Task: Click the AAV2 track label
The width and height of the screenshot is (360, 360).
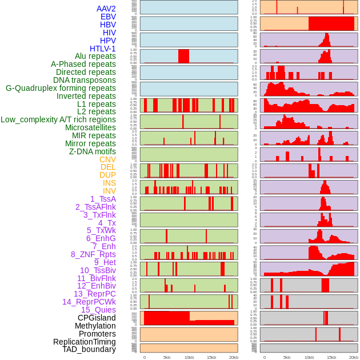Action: [106, 9]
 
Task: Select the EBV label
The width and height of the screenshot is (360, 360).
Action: [108, 17]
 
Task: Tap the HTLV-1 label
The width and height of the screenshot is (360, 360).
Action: [102, 49]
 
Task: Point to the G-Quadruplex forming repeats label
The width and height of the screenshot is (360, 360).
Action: [61, 88]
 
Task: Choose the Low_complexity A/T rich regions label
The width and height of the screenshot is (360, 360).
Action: [58, 119]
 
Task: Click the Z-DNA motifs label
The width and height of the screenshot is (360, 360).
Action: [92, 151]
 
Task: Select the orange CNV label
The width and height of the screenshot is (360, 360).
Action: [107, 159]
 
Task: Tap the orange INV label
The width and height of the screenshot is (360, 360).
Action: [109, 191]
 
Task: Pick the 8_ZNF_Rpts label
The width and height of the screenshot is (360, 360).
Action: [93, 254]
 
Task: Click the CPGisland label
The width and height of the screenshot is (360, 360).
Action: [97, 318]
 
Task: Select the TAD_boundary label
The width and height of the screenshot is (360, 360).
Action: [89, 349]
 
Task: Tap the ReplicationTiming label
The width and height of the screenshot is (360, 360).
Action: [85, 342]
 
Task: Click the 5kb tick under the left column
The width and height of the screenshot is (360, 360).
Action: [167, 357]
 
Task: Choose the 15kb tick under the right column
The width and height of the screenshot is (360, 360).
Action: [331, 357]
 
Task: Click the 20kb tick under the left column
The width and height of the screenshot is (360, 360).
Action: [233, 357]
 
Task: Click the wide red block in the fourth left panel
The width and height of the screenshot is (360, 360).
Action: [183, 56]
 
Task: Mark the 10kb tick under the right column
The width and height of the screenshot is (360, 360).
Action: [309, 357]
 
